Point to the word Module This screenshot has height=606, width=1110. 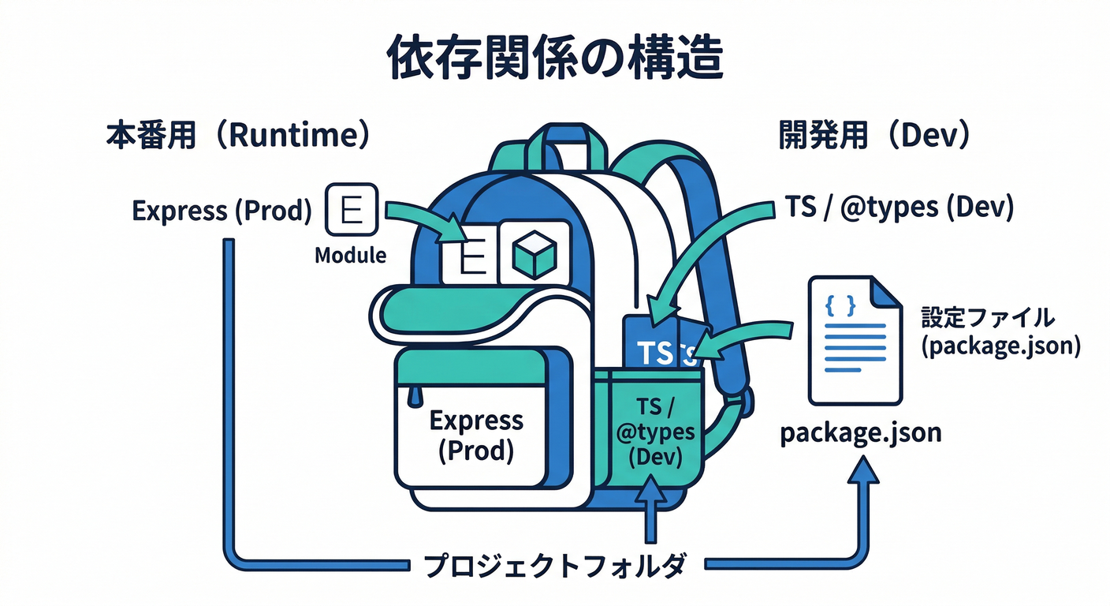(350, 256)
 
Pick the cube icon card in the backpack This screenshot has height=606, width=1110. (535, 252)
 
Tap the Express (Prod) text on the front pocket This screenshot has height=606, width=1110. (475, 436)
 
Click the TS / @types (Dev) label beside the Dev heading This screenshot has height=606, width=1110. (899, 207)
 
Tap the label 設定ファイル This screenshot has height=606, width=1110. (987, 318)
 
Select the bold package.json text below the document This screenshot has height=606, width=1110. (860, 433)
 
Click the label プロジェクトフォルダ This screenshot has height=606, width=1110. (555, 566)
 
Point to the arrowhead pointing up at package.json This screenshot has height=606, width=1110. (865, 473)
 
